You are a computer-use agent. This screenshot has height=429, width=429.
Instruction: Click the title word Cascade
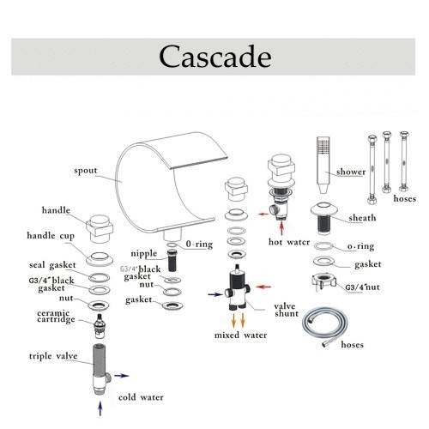click(x=215, y=57)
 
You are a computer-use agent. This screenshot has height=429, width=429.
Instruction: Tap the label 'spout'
click(x=86, y=171)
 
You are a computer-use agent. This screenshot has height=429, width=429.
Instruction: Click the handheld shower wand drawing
click(x=323, y=165)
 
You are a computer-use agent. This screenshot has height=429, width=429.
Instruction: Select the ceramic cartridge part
click(x=100, y=326)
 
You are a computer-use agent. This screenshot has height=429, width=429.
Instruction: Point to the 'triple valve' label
click(x=53, y=356)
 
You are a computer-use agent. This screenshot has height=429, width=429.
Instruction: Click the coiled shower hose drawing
click(x=325, y=327)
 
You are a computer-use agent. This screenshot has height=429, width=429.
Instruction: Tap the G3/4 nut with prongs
click(x=323, y=282)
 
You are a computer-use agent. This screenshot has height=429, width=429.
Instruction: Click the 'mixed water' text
click(x=240, y=335)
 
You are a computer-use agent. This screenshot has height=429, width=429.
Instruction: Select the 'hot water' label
click(x=289, y=242)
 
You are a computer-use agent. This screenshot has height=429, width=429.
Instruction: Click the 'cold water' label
click(x=141, y=397)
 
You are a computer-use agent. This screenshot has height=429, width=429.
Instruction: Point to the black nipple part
click(x=172, y=260)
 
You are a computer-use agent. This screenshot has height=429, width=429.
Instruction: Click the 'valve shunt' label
click(x=287, y=310)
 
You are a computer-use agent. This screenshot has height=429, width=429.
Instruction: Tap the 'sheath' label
click(x=362, y=218)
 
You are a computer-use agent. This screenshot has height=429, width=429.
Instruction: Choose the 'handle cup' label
click(x=51, y=236)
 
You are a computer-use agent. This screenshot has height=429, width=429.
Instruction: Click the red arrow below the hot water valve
click(x=282, y=228)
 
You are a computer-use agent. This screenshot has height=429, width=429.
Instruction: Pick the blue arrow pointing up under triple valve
click(x=100, y=408)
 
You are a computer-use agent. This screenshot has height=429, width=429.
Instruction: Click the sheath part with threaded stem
click(x=324, y=218)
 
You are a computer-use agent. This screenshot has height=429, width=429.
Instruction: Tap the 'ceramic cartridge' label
click(x=56, y=317)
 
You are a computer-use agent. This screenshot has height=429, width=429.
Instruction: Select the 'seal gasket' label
click(x=52, y=265)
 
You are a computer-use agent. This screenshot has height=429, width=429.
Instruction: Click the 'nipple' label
click(x=144, y=254)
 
